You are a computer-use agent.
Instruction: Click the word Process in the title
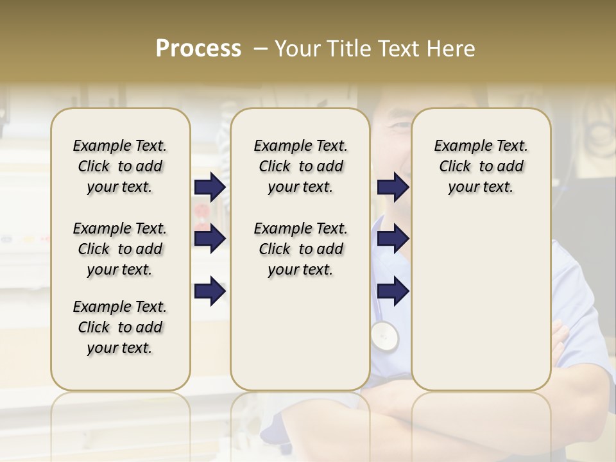click(198, 49)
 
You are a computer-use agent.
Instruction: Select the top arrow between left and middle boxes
click(210, 187)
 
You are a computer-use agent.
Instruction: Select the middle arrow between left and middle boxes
click(210, 239)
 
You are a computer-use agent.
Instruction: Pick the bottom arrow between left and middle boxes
click(210, 291)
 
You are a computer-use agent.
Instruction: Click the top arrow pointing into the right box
click(393, 187)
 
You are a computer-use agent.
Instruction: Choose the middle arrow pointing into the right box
click(393, 239)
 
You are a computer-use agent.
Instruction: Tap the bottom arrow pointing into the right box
click(393, 291)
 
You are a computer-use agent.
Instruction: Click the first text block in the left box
click(120, 166)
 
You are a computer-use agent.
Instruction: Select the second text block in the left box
click(120, 249)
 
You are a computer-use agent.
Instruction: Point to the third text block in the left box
click(120, 327)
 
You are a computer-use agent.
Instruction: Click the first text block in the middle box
click(300, 166)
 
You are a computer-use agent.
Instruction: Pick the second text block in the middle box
click(300, 249)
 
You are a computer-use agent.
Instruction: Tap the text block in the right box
click(481, 166)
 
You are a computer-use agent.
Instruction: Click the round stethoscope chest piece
click(384, 335)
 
